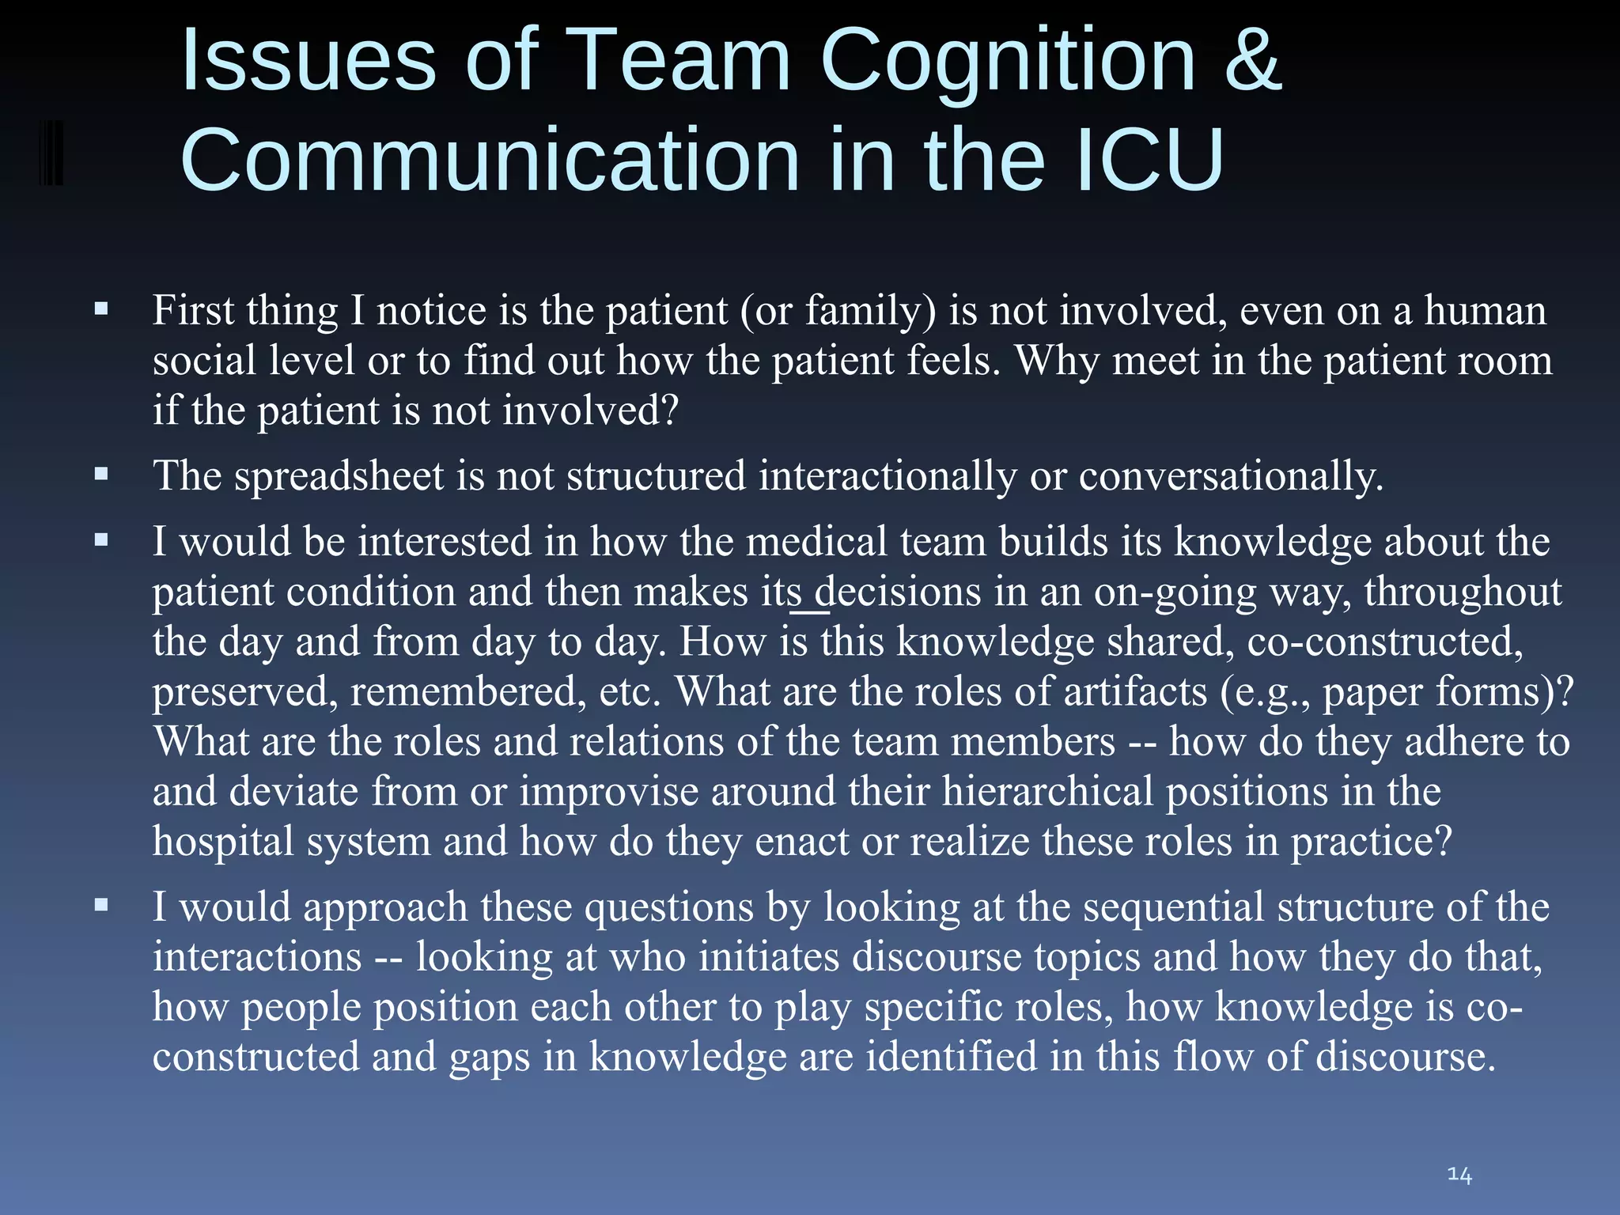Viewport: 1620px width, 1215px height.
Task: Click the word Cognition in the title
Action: tap(1008, 62)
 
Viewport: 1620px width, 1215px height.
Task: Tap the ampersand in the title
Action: tap(1253, 61)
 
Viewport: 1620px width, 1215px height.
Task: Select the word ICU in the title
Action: tap(1151, 161)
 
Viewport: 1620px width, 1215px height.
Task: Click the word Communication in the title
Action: tap(490, 161)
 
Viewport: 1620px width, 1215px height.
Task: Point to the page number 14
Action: tap(1459, 1175)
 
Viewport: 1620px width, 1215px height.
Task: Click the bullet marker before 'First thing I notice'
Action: tap(100, 308)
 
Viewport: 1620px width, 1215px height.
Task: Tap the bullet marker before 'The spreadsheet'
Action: tap(100, 475)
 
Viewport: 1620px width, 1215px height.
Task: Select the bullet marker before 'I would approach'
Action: tap(100, 905)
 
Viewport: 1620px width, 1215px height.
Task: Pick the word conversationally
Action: tap(1231, 477)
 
